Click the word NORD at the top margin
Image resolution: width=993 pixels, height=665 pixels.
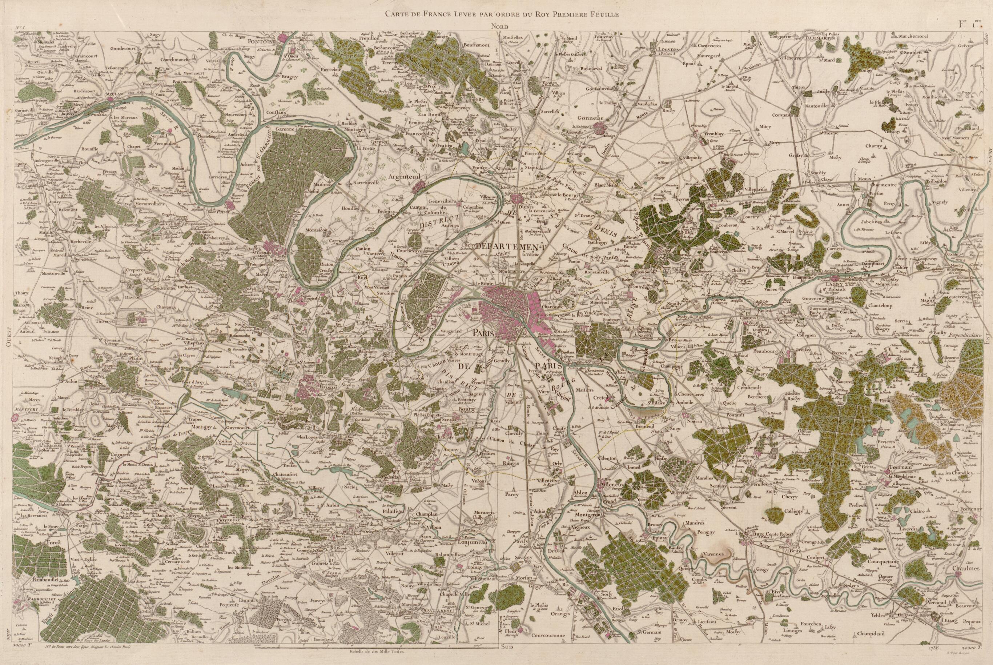click(x=500, y=26)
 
